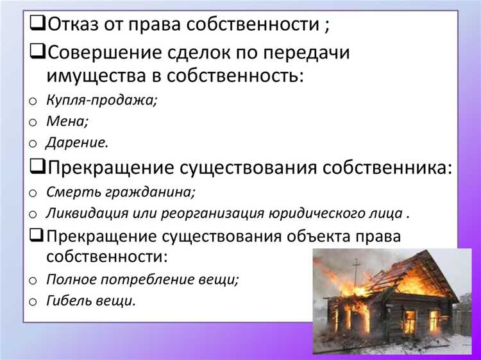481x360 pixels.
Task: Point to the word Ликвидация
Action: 83,213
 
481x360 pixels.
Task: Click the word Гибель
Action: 68,301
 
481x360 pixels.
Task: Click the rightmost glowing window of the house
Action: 434,319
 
